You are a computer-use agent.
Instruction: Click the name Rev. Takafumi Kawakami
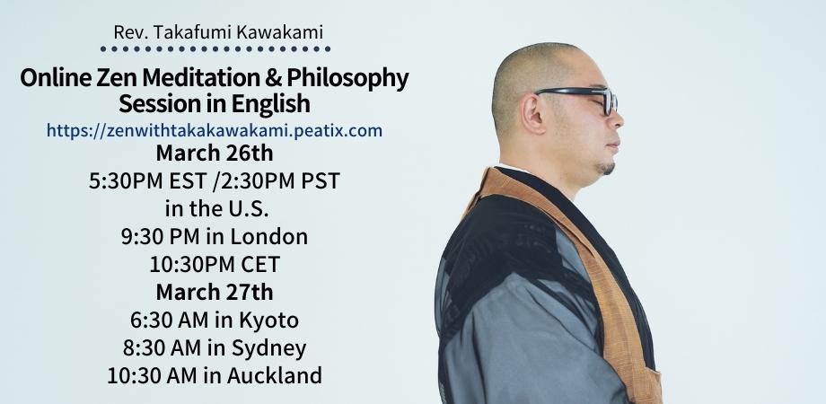[x=218, y=32]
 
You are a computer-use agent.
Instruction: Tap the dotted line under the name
[x=215, y=49]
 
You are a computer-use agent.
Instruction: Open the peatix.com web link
[x=215, y=130]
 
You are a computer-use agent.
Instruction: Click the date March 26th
[x=215, y=154]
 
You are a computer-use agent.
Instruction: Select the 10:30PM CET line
[x=215, y=265]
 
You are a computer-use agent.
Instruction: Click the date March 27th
[x=215, y=292]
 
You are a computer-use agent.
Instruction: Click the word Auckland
[x=275, y=376]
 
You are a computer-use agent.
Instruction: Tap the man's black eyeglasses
[x=579, y=98]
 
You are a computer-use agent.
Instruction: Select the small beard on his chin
[x=608, y=169]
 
